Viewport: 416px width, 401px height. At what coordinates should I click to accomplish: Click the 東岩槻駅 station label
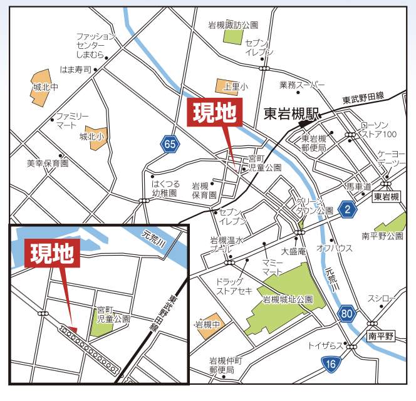(x=291, y=114)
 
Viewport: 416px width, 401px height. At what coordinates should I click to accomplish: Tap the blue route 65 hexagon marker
(x=169, y=144)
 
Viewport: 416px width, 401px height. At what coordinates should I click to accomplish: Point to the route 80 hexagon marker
(x=346, y=313)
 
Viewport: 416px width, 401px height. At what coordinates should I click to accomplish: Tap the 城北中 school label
(x=44, y=88)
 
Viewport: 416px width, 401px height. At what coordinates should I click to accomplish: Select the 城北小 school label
(x=91, y=136)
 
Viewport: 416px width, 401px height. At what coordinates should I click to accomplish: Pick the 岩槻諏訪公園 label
(x=233, y=26)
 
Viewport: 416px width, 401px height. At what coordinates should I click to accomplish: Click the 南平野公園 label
(x=382, y=236)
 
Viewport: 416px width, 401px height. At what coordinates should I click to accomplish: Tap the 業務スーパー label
(x=303, y=84)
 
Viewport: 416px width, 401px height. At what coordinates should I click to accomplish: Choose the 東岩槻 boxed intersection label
(x=386, y=197)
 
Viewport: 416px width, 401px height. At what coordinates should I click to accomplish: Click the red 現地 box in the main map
(x=214, y=113)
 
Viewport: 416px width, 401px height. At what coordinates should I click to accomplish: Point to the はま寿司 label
(x=76, y=70)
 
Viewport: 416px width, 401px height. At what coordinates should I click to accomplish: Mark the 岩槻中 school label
(x=207, y=325)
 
